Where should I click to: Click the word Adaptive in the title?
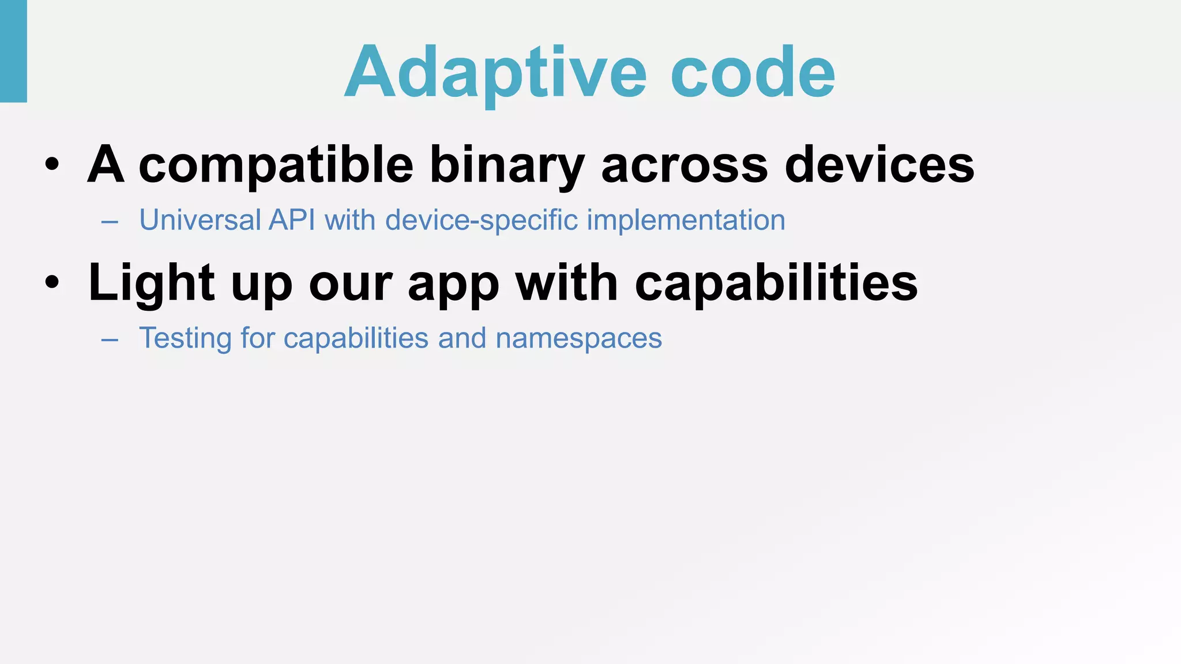tap(496, 73)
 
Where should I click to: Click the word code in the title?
tap(753, 73)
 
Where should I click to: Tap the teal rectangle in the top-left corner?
tap(13, 51)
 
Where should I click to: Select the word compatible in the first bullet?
tap(276, 165)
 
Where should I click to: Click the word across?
tap(684, 165)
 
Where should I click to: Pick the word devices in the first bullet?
tap(879, 165)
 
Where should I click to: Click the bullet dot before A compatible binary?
tap(52, 165)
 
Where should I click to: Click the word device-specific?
tap(482, 220)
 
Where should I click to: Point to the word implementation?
tap(686, 220)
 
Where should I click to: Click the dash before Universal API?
tap(110, 222)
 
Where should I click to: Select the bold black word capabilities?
tap(776, 283)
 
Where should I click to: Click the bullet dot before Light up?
tap(52, 283)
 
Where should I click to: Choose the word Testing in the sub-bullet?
tap(185, 338)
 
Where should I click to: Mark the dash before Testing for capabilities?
tap(110, 340)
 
